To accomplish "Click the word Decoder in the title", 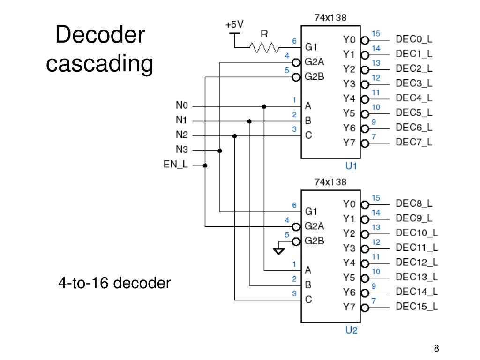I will [x=100, y=36].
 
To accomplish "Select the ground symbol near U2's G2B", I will [x=279, y=251].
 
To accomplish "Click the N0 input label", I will [x=182, y=105].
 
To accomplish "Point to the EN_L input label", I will [x=176, y=165].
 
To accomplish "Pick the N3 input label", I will [x=182, y=150].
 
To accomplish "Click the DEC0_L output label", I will [x=414, y=39].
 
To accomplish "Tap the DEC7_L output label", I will [x=414, y=142].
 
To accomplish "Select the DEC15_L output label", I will [x=417, y=307].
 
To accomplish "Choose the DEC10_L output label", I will [x=417, y=232].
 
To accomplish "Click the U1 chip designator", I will [x=351, y=166].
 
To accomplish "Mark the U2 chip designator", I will [x=351, y=330].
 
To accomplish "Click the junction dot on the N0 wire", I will [x=264, y=106].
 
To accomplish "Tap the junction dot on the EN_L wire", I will [x=205, y=165].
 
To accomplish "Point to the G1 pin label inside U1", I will [x=312, y=47].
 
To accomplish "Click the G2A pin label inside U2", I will [x=315, y=226].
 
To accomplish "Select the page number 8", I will [x=436, y=348].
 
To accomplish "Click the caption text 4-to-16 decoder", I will [x=114, y=283].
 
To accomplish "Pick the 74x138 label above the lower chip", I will [x=330, y=182].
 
